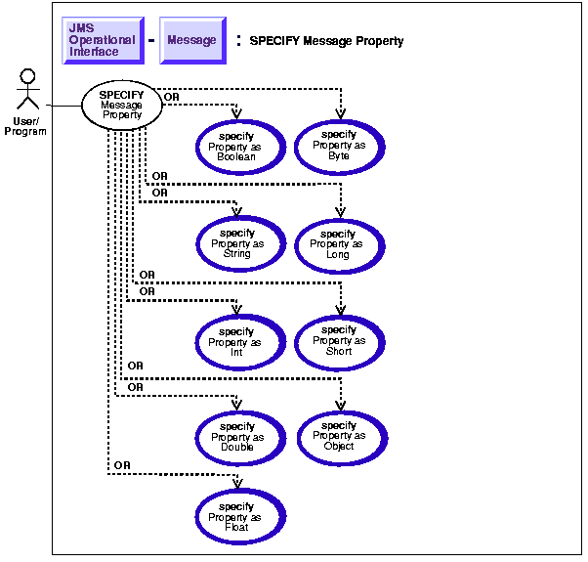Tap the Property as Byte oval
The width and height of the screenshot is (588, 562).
[x=339, y=145]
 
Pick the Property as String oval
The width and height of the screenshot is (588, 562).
[x=237, y=244]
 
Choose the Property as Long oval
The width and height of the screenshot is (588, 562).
[x=339, y=244]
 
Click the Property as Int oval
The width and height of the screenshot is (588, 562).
[x=237, y=342]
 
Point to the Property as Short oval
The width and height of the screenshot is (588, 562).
[x=339, y=342]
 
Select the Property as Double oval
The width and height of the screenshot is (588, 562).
[x=237, y=437]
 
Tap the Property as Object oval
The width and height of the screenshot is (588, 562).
[x=339, y=436]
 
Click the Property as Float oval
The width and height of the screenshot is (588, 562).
[x=237, y=517]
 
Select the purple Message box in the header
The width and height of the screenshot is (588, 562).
[x=191, y=40]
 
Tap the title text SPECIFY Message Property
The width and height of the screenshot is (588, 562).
[x=326, y=42]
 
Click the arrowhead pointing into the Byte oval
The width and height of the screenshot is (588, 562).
[x=340, y=114]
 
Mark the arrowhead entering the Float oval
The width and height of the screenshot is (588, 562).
[x=237, y=487]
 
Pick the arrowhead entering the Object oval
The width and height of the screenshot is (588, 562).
[x=340, y=406]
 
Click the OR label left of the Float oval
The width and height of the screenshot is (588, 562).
[x=122, y=464]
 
